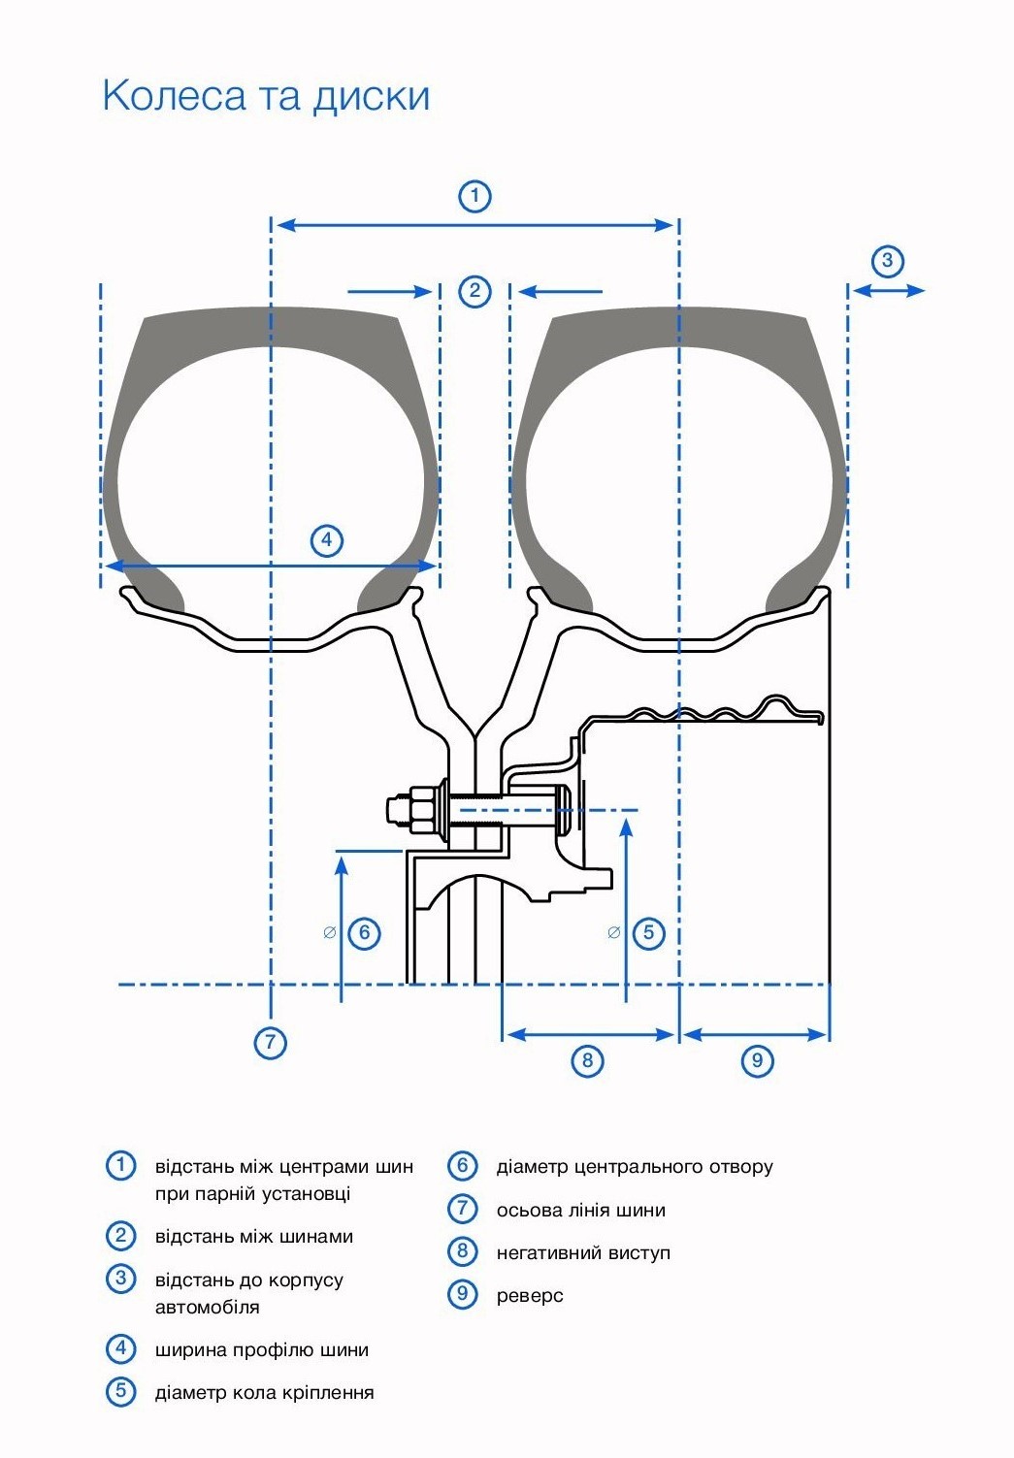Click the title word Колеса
pyautogui.click(x=174, y=96)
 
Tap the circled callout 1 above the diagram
pyautogui.click(x=474, y=196)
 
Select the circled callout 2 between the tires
pyautogui.click(x=474, y=291)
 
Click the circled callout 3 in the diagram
pyautogui.click(x=887, y=260)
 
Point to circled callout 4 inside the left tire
pyautogui.click(x=327, y=540)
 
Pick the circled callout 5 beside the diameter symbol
pyautogui.click(x=649, y=933)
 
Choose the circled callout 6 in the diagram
pyautogui.click(x=364, y=933)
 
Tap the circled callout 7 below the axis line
pyautogui.click(x=271, y=1044)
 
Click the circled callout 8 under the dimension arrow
pyautogui.click(x=587, y=1060)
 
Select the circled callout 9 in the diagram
pyautogui.click(x=758, y=1060)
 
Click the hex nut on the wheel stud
pyautogui.click(x=421, y=808)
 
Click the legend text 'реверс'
pyautogui.click(x=530, y=1296)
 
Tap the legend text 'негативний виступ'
pyautogui.click(x=583, y=1253)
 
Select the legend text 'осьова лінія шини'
pyautogui.click(x=580, y=1211)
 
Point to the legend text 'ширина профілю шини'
pyautogui.click(x=262, y=1350)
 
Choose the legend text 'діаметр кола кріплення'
pyautogui.click(x=264, y=1393)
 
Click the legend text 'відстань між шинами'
pyautogui.click(x=254, y=1237)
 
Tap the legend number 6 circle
pyautogui.click(x=463, y=1165)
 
